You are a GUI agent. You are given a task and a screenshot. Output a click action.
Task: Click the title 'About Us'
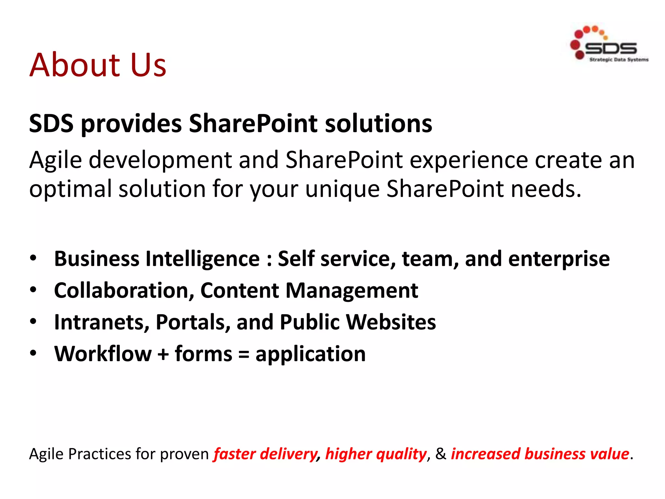click(98, 65)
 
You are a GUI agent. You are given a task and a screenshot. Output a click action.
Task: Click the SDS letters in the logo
click(610, 49)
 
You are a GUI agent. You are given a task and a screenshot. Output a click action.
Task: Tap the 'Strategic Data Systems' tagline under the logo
click(619, 60)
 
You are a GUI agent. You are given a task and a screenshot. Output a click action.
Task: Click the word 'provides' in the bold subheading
click(131, 124)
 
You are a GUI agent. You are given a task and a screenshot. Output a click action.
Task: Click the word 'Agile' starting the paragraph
click(56, 160)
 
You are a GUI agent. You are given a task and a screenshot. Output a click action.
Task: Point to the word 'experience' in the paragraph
click(469, 160)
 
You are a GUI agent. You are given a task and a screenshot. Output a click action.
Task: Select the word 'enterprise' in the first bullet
click(559, 259)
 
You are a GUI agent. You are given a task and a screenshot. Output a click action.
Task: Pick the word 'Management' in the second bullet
click(352, 290)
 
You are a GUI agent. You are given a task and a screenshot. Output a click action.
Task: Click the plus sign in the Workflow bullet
click(163, 354)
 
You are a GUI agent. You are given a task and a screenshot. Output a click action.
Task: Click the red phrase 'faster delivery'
click(265, 454)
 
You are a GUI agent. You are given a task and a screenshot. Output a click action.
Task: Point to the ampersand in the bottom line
click(441, 454)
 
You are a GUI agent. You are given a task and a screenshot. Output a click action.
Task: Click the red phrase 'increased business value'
click(540, 454)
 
